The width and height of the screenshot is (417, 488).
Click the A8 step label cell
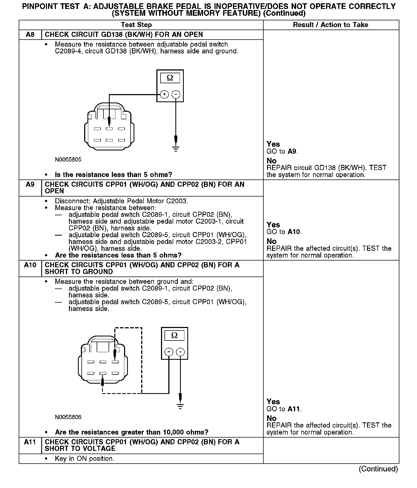tap(30, 35)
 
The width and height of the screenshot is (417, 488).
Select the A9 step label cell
tap(30, 185)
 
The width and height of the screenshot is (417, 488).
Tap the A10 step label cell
tap(30, 265)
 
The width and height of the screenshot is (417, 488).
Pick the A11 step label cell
tap(30, 442)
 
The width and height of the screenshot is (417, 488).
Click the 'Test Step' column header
tap(136, 25)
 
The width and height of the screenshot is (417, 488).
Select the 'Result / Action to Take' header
tap(330, 25)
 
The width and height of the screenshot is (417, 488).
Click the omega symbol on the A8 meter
tap(170, 78)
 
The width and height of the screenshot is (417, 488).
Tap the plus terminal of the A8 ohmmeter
tap(164, 94)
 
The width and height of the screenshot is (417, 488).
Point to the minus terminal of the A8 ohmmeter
tap(176, 94)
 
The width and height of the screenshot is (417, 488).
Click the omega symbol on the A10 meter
tap(174, 336)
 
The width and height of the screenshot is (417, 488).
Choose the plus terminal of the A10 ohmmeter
tap(169, 352)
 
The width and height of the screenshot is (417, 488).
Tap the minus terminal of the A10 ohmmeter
tap(180, 352)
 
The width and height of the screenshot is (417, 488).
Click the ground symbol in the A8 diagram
tap(176, 149)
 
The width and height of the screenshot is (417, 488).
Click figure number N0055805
tap(68, 160)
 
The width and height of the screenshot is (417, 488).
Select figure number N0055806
tap(68, 417)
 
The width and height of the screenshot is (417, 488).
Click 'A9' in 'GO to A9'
tap(292, 152)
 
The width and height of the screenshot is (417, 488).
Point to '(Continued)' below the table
tap(378, 469)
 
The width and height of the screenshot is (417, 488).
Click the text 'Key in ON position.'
tap(84, 458)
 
